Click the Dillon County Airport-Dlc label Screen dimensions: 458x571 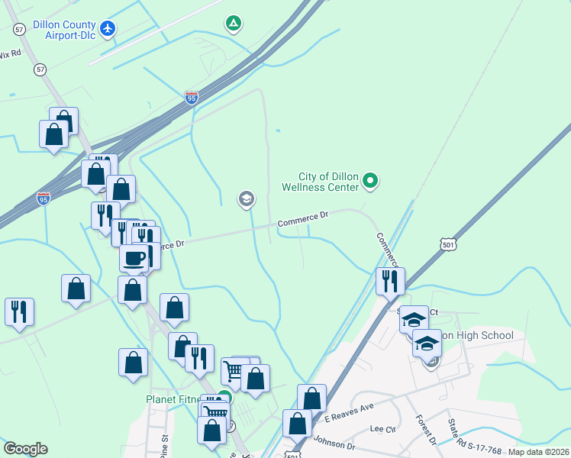[x=58, y=29]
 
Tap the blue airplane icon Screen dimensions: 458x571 [x=108, y=29]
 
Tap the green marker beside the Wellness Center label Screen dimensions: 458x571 [x=370, y=181]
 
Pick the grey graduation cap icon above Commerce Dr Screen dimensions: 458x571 [x=246, y=200]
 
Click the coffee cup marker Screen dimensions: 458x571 [x=134, y=258]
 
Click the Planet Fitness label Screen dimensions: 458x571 [x=178, y=399]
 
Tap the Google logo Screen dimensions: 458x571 [x=26, y=449]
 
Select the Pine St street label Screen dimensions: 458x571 [x=164, y=443]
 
